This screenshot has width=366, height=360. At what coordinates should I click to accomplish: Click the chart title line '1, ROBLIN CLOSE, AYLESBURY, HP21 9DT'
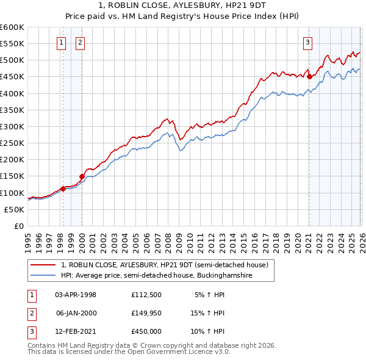tap(183, 5)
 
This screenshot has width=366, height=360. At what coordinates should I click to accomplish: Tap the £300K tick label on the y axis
tap(12, 126)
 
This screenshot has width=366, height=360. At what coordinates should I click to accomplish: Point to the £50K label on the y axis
tap(14, 209)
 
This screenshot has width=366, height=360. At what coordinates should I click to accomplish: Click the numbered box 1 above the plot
tap(62, 43)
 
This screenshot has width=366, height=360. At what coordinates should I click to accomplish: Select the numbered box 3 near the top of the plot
tap(308, 43)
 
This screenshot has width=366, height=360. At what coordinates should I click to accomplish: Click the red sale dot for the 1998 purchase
tap(63, 189)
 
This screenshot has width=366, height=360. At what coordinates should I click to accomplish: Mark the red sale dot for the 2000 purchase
tap(82, 176)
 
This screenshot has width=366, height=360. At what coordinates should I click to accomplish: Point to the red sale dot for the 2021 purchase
tap(309, 77)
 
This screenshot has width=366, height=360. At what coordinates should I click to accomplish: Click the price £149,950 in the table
tap(146, 312)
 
